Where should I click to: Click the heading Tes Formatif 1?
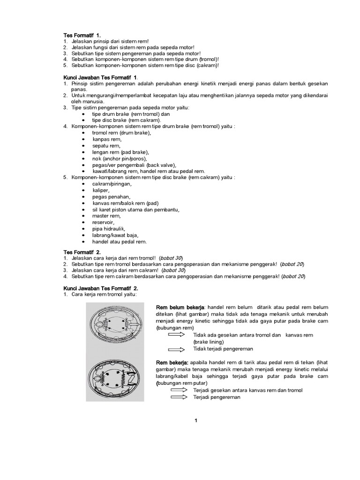[x=82, y=35]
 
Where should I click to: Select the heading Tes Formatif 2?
[x=82, y=252]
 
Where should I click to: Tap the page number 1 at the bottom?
[x=196, y=420]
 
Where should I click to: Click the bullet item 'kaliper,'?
[x=101, y=190]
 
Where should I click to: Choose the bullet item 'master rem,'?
[x=105, y=216]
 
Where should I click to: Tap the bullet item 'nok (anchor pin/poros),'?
[x=120, y=158]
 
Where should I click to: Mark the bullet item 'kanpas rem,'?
[x=107, y=139]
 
